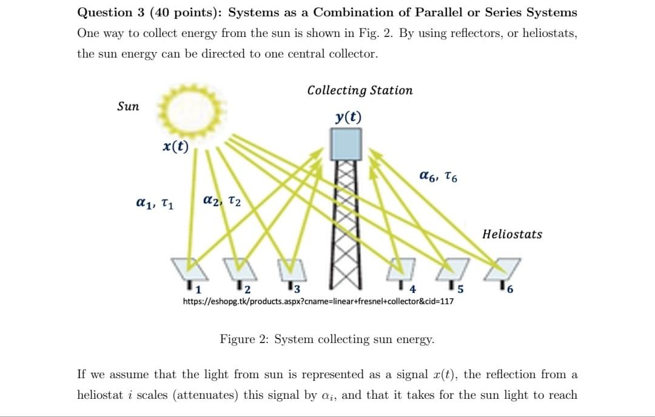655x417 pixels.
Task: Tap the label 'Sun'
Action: pos(128,107)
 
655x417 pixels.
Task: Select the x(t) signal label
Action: pos(176,146)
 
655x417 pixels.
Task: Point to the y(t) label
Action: pos(348,117)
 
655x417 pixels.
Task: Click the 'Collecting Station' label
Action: pos(360,90)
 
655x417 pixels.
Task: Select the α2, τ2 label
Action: pos(222,200)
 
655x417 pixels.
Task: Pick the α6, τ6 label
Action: pos(438,176)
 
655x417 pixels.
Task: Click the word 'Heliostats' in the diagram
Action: pos(512,234)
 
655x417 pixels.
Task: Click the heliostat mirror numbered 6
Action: pos(505,265)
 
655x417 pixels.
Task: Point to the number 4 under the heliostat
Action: pos(413,289)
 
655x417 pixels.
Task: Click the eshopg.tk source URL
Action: pos(318,301)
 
